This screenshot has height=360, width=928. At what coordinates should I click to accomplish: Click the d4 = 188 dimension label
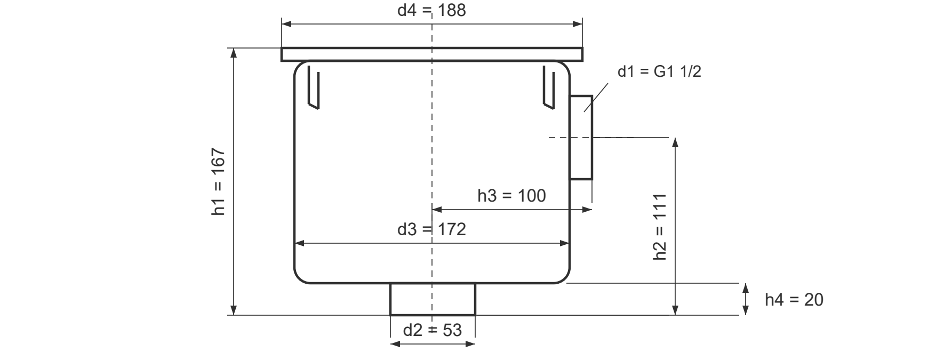point(431,10)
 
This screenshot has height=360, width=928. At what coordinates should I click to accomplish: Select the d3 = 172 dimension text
point(431,229)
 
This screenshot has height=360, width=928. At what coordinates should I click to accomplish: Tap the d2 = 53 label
point(432,330)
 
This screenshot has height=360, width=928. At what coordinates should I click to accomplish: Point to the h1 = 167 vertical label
point(219,182)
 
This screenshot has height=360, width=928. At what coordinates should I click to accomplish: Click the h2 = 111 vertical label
point(660,227)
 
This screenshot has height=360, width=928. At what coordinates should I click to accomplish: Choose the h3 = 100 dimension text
point(511,196)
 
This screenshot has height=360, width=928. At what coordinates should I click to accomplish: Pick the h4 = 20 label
point(794,300)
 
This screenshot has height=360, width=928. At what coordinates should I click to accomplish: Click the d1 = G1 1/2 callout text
point(659,71)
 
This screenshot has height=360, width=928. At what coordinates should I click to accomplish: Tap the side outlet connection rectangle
point(581,138)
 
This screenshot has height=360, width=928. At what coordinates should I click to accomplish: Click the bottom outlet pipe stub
point(433,299)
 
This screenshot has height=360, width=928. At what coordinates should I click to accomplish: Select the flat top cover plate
point(432,54)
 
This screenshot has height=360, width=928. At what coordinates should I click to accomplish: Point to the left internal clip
point(313,87)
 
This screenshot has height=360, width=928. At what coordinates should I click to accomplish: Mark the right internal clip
point(549,87)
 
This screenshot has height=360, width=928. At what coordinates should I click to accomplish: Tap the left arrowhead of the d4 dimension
point(286,24)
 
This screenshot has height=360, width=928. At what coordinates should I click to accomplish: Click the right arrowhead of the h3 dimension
point(587,210)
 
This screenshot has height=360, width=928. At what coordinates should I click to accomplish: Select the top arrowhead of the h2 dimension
point(675,142)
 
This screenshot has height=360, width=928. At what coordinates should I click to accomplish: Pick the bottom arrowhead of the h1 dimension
point(233,310)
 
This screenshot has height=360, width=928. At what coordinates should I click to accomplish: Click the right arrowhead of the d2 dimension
point(470,344)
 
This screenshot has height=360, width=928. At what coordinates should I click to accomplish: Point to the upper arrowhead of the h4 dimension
point(746,289)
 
